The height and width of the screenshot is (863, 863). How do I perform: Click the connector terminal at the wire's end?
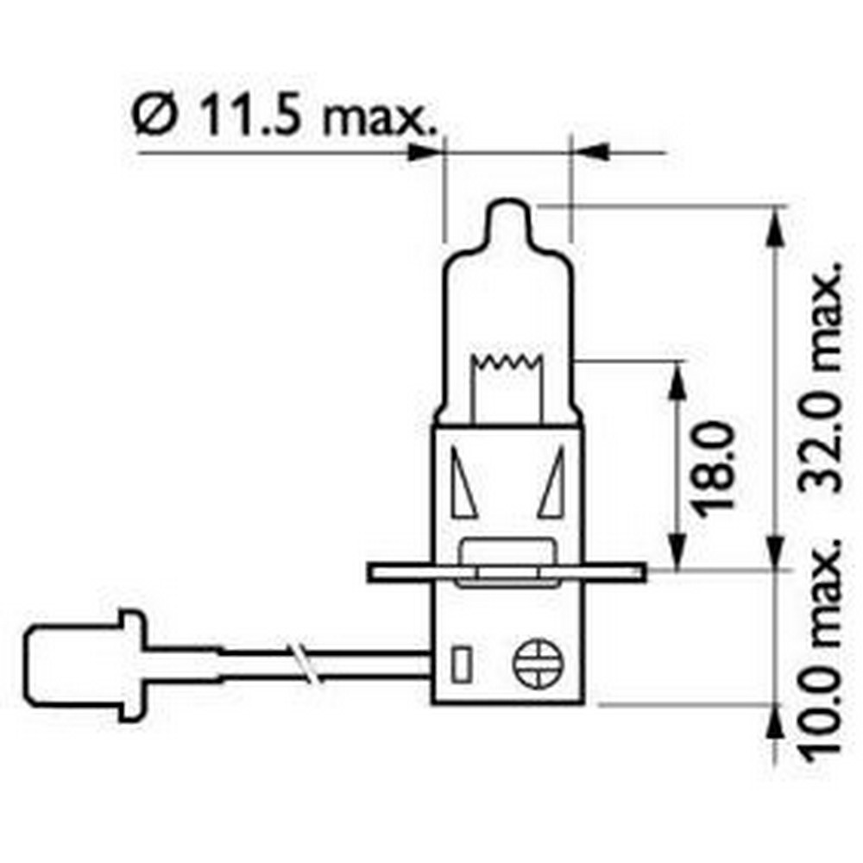pyautogui.click(x=82, y=663)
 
